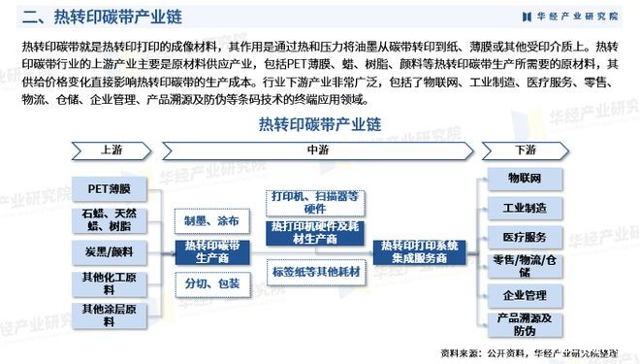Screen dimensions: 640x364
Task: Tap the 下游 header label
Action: [526, 150]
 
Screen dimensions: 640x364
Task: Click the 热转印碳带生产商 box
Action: [211, 251]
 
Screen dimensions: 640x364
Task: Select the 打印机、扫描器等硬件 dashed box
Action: [315, 201]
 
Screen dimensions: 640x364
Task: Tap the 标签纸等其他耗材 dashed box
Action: [315, 273]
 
